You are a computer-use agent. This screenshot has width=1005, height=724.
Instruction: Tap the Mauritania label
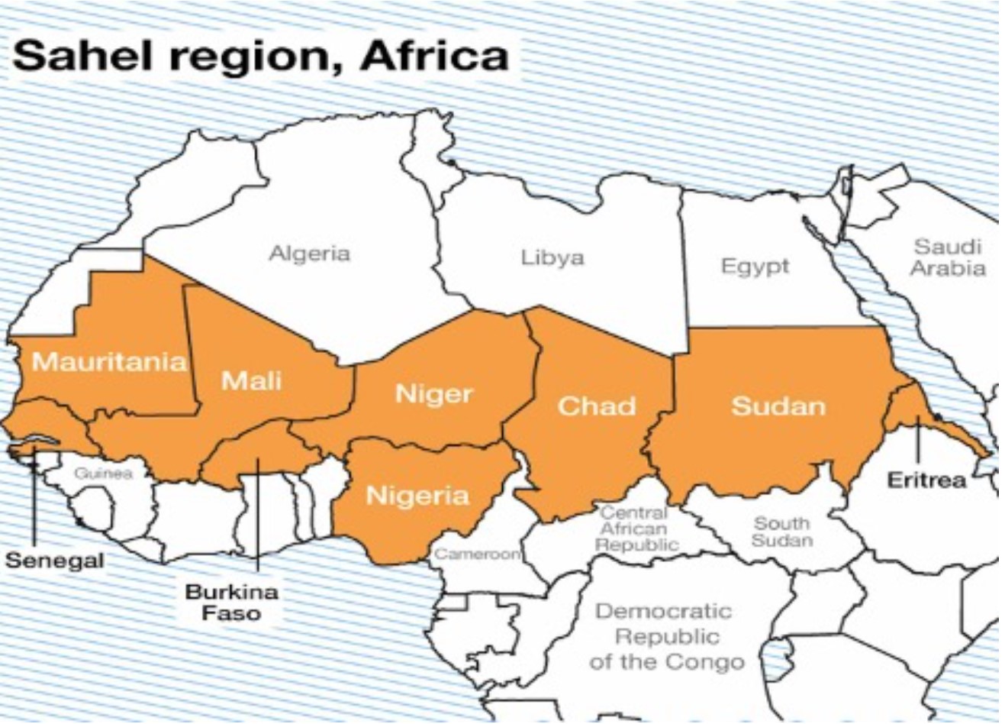tap(109, 361)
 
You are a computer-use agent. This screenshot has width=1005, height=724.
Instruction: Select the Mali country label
tap(251, 380)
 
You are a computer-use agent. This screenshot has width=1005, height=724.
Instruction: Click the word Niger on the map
tap(433, 394)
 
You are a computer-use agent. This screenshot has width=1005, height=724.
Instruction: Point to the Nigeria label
tap(417, 496)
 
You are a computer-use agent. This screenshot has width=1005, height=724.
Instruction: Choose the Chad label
tap(596, 406)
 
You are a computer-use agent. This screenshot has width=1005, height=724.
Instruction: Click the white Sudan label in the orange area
tap(778, 406)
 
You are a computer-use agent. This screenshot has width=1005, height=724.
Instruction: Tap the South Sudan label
tap(781, 532)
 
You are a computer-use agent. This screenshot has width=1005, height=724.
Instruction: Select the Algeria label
tap(309, 253)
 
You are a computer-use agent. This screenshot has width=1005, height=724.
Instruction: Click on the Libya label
tap(552, 257)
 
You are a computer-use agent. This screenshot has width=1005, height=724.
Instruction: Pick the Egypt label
tap(755, 267)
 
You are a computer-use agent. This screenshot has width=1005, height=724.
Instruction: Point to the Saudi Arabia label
tap(947, 257)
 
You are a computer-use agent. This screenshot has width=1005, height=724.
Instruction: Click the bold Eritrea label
tap(926, 480)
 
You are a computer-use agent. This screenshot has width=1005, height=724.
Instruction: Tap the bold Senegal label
tap(54, 561)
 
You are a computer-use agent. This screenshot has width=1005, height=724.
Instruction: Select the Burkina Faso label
tap(232, 602)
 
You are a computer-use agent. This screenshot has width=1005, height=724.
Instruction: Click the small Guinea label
tap(103, 474)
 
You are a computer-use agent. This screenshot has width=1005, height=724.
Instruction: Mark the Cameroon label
tap(477, 554)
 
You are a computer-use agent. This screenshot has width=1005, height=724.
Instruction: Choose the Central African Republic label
tap(636, 528)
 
